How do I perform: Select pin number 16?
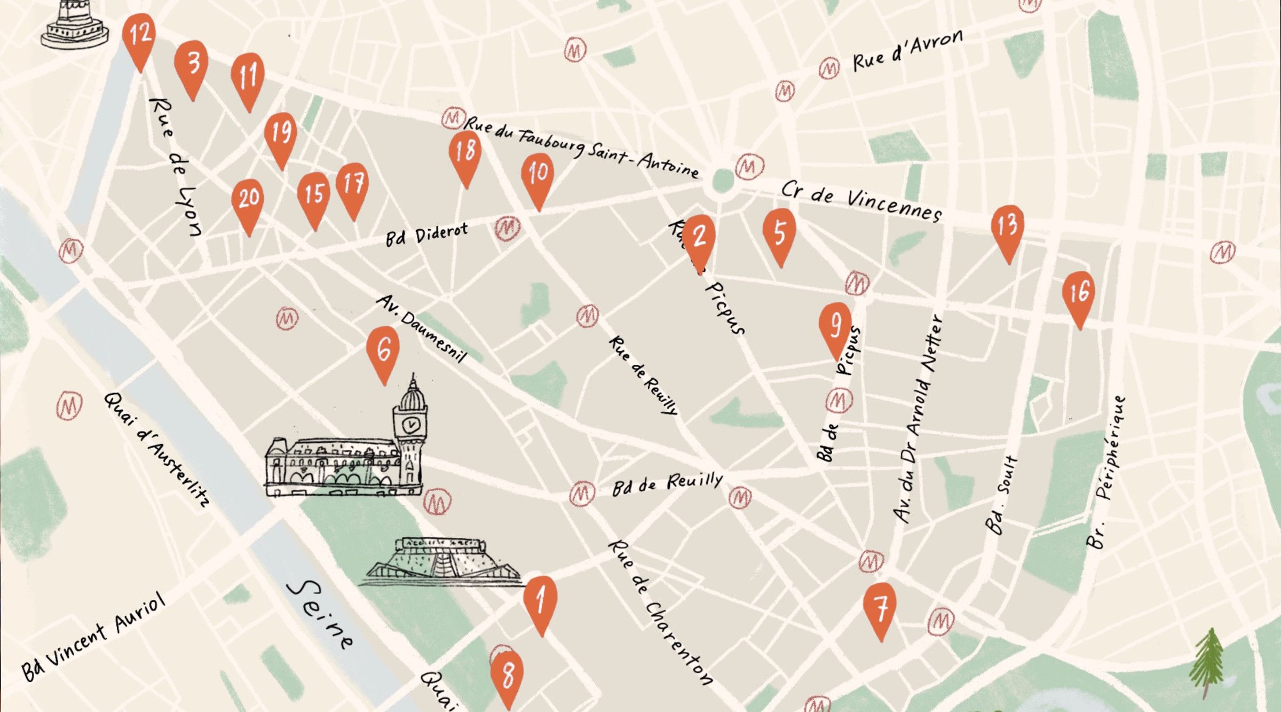coord(1079,294)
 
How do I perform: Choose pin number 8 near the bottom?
coord(507,675)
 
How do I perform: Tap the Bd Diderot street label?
coord(427,234)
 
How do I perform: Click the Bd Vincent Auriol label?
coord(93,638)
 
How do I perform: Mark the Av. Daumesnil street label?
coord(422,328)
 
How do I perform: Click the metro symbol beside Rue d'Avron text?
coord(829,69)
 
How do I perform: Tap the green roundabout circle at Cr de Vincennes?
coord(723,180)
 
